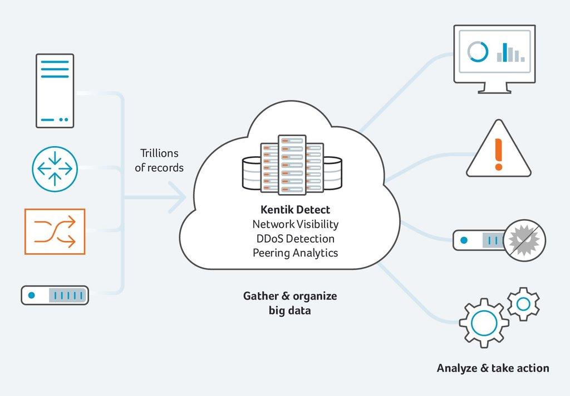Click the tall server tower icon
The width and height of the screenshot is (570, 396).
[55, 90]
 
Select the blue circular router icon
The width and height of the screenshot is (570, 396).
[55, 167]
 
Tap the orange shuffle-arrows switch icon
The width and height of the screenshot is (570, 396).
[55, 231]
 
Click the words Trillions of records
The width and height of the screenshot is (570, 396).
[159, 160]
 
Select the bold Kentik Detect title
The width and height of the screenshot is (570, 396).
[295, 210]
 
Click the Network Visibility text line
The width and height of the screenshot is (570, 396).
[295, 224]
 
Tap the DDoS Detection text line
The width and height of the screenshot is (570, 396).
[295, 239]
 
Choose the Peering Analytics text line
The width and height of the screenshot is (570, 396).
[295, 253]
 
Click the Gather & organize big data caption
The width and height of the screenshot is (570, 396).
[289, 303]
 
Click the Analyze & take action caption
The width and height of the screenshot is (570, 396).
[493, 368]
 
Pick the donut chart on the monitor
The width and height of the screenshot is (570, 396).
[478, 52]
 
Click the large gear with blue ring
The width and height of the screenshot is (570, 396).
[484, 323]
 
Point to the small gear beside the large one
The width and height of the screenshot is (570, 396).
[523, 304]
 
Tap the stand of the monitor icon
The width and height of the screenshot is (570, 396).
[494, 88]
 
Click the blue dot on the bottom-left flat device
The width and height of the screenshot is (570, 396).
[32, 294]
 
